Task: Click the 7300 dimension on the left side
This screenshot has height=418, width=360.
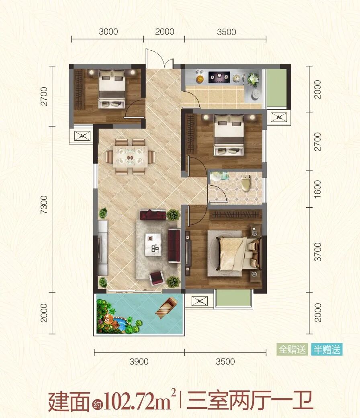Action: [44, 204]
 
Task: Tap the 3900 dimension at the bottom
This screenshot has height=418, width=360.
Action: [139, 361]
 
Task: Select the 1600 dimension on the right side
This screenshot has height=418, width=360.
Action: [318, 189]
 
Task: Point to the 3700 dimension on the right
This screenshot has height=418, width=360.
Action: [318, 252]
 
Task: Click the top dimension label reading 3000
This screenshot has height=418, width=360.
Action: [108, 32]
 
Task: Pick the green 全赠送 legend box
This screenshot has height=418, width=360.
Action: [292, 349]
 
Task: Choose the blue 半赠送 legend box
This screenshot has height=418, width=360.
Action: [327, 349]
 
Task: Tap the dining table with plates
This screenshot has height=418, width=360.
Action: [130, 156]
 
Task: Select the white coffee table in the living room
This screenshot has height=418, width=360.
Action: [153, 245]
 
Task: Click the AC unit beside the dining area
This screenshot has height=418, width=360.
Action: [82, 136]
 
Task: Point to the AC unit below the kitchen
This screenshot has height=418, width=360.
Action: [279, 117]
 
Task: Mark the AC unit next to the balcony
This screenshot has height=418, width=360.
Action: [200, 301]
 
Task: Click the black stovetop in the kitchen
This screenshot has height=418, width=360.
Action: [219, 76]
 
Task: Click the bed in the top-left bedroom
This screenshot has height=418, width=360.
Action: [112, 88]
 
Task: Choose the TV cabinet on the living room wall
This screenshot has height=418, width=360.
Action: [102, 248]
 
